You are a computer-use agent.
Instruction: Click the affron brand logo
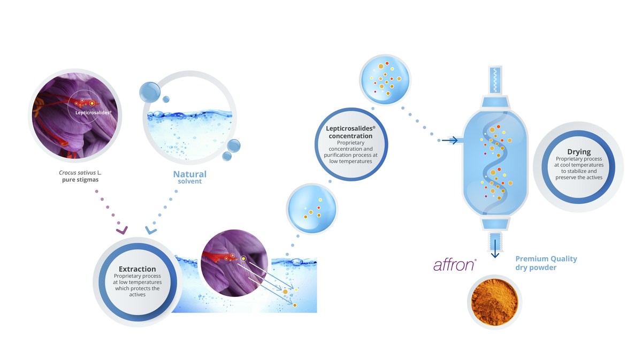[455, 265]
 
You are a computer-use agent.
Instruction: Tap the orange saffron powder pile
[494, 302]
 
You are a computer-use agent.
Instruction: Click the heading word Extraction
[137, 269]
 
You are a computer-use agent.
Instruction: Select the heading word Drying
[579, 151]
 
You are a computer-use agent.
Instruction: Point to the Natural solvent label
[190, 177]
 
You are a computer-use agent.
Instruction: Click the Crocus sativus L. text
[80, 173]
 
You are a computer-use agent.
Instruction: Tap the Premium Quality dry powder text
[546, 263]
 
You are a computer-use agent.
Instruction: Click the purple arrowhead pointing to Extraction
[122, 230]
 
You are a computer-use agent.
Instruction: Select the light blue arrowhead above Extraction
[151, 230]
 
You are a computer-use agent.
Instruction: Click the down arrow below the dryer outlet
[495, 249]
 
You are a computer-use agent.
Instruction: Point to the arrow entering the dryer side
[450, 140]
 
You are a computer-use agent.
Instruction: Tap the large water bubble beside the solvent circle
[150, 93]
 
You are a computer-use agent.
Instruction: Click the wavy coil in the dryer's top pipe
[495, 79]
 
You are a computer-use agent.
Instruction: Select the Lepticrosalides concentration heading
[350, 132]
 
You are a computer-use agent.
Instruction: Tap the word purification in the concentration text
[338, 155]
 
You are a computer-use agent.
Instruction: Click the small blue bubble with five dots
[312, 209]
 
